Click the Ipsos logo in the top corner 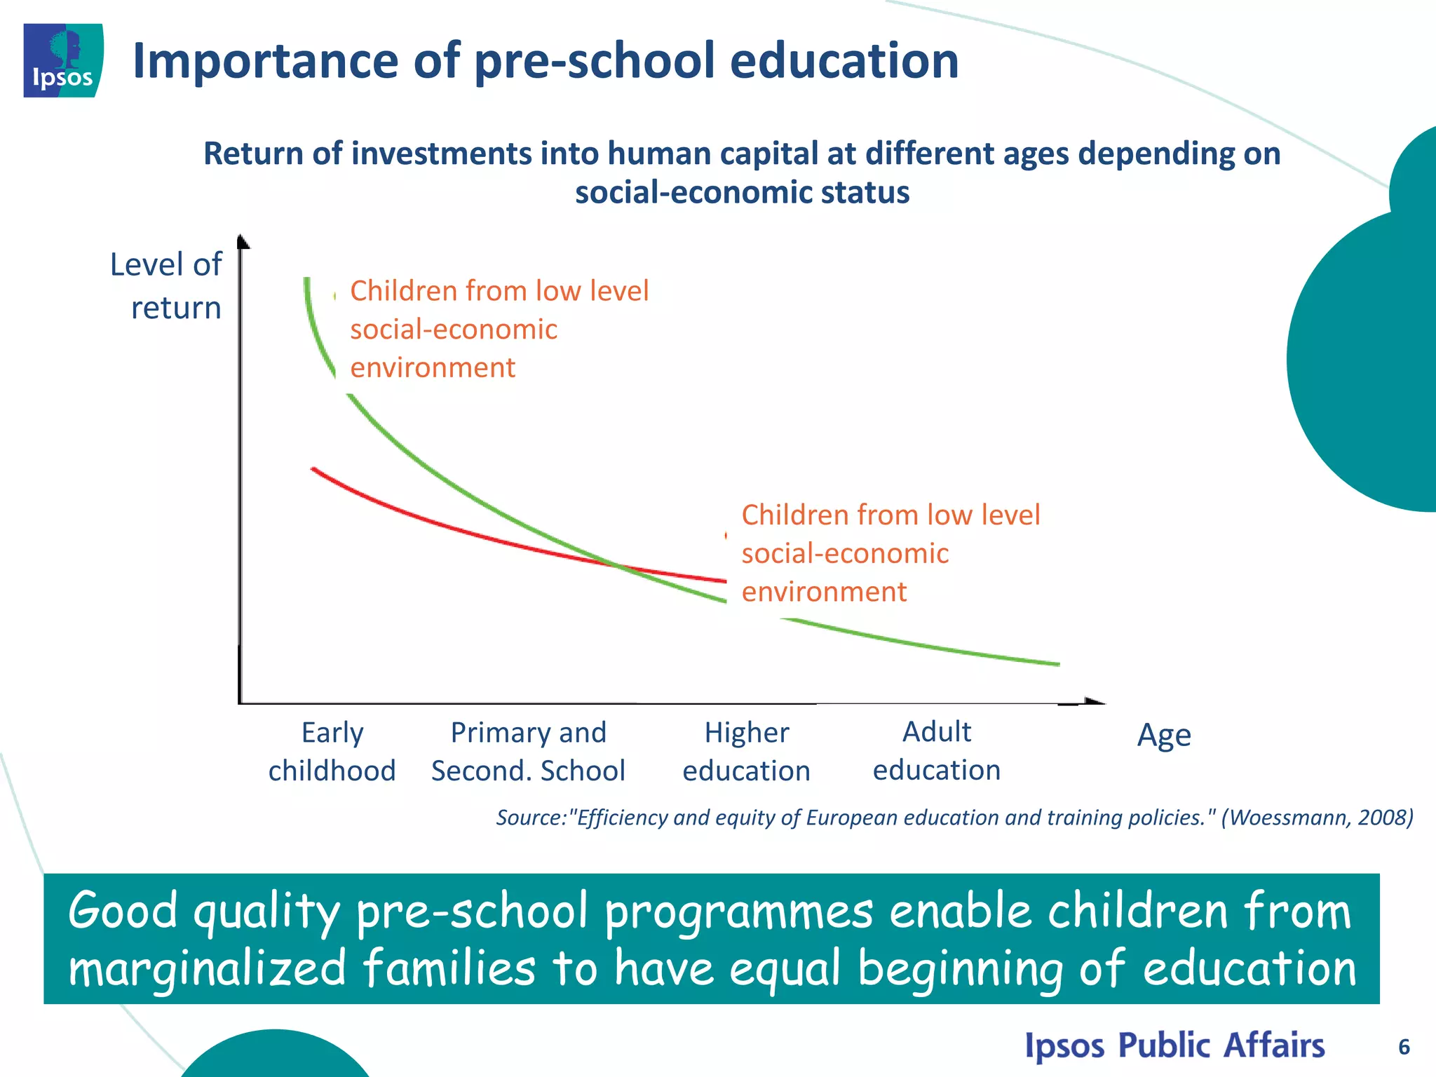63,60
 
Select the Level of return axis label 167,286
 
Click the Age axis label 1163,735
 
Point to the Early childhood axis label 332,751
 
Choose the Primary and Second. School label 528,751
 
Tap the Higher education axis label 746,751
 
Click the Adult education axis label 936,750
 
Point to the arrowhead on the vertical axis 243,241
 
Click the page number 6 1404,1047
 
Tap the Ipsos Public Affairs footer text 1174,1045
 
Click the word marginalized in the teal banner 208,968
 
